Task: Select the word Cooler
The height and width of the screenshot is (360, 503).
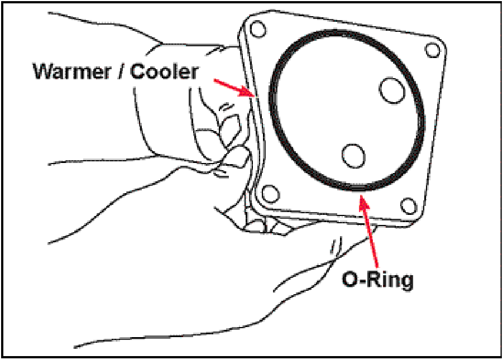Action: point(165,71)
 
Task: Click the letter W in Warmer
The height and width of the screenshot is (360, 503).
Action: point(41,71)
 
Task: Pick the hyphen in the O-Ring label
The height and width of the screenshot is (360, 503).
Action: point(362,280)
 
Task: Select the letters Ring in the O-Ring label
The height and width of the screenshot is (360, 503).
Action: point(390,280)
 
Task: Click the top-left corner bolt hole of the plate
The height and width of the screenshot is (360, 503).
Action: point(257,28)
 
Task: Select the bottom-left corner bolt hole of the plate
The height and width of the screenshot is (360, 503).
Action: point(270,194)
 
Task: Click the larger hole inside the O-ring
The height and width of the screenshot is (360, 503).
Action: point(392,89)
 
